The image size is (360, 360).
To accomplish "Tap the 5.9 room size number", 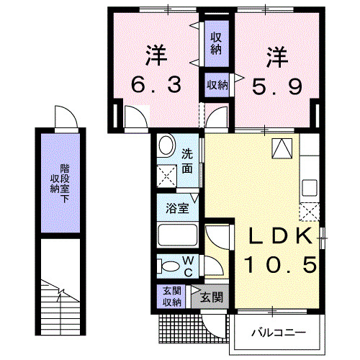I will [275, 86].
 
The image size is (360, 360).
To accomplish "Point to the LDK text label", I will [281, 236].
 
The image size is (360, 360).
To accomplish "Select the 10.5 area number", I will [281, 265].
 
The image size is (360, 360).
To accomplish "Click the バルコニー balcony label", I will [279, 333].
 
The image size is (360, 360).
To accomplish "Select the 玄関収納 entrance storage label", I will [171, 295].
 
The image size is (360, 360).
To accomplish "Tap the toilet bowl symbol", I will [168, 266].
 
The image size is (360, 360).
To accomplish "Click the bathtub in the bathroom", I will [177, 235].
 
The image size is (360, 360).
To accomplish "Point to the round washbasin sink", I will [166, 148].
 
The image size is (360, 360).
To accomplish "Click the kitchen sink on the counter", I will [310, 187].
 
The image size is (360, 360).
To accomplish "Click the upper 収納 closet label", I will [216, 43].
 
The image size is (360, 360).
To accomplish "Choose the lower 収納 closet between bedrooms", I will [217, 85].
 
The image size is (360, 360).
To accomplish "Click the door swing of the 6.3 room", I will [134, 117].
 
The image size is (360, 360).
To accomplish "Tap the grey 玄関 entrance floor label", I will [210, 297].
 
